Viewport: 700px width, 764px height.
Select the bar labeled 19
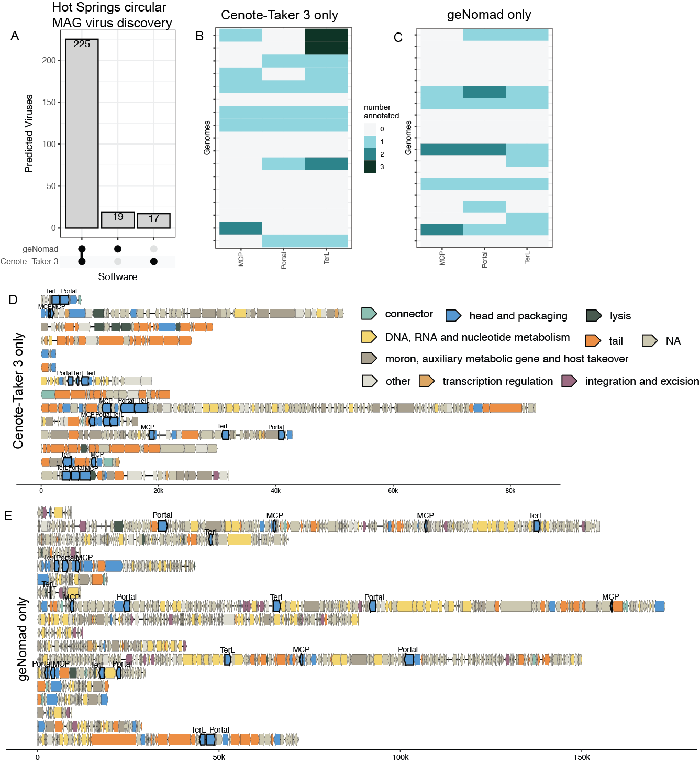118,220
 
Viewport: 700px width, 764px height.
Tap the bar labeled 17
154,221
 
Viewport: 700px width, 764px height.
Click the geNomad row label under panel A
40,249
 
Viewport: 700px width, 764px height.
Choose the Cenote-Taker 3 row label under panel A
29,262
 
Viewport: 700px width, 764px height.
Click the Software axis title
118,277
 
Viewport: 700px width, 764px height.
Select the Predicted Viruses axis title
29,134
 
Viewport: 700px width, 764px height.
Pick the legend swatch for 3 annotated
370,167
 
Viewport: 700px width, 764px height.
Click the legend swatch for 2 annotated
370,154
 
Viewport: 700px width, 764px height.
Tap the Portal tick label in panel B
284,260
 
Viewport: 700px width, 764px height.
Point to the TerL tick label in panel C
527,257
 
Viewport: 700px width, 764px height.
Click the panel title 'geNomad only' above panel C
489,15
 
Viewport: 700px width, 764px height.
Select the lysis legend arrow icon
594,316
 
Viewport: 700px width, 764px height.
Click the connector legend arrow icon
369,314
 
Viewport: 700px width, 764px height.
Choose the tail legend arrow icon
593,341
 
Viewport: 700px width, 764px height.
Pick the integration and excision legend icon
569,381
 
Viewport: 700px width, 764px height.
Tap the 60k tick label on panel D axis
393,491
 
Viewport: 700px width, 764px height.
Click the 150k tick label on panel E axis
582,757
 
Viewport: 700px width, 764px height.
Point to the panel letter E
8,516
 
